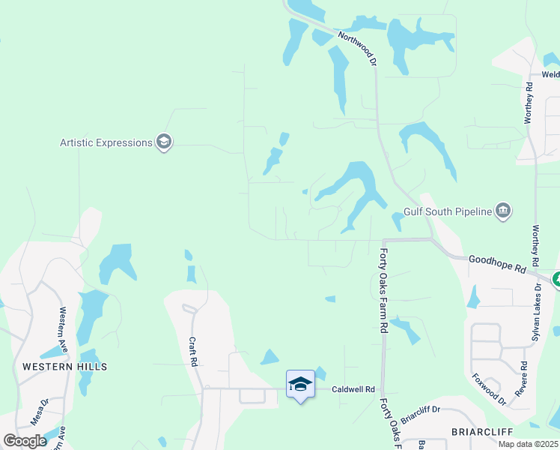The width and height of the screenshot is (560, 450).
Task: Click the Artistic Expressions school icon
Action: pyautogui.click(x=164, y=142)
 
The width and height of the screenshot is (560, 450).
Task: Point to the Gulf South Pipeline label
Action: pyautogui.click(x=447, y=211)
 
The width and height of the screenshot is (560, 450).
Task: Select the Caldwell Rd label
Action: pyautogui.click(x=353, y=390)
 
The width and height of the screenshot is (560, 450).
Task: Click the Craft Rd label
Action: pyautogui.click(x=192, y=351)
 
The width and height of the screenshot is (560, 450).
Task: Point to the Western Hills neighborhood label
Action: pyautogui.click(x=64, y=367)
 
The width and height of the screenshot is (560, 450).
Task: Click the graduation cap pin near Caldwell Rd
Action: pyautogui.click(x=300, y=385)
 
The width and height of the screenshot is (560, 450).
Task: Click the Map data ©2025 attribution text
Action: pyautogui.click(x=527, y=444)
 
